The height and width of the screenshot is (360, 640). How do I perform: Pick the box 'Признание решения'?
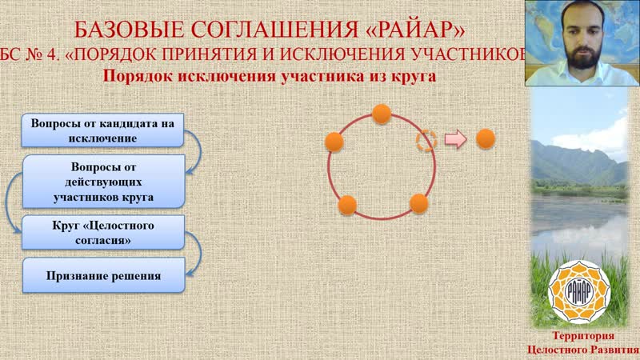click(x=104, y=276)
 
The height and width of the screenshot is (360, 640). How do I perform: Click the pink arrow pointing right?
click(x=454, y=139)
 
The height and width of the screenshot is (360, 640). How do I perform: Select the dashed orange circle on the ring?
click(x=425, y=141)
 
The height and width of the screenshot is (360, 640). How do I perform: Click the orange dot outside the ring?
click(x=486, y=138)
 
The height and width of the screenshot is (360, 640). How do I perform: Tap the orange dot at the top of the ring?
click(x=382, y=114)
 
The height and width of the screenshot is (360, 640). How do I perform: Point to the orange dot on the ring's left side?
click(x=334, y=142)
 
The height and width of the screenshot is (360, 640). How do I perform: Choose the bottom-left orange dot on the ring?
click(x=347, y=205)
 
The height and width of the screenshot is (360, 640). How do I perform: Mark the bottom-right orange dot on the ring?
click(x=418, y=202)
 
